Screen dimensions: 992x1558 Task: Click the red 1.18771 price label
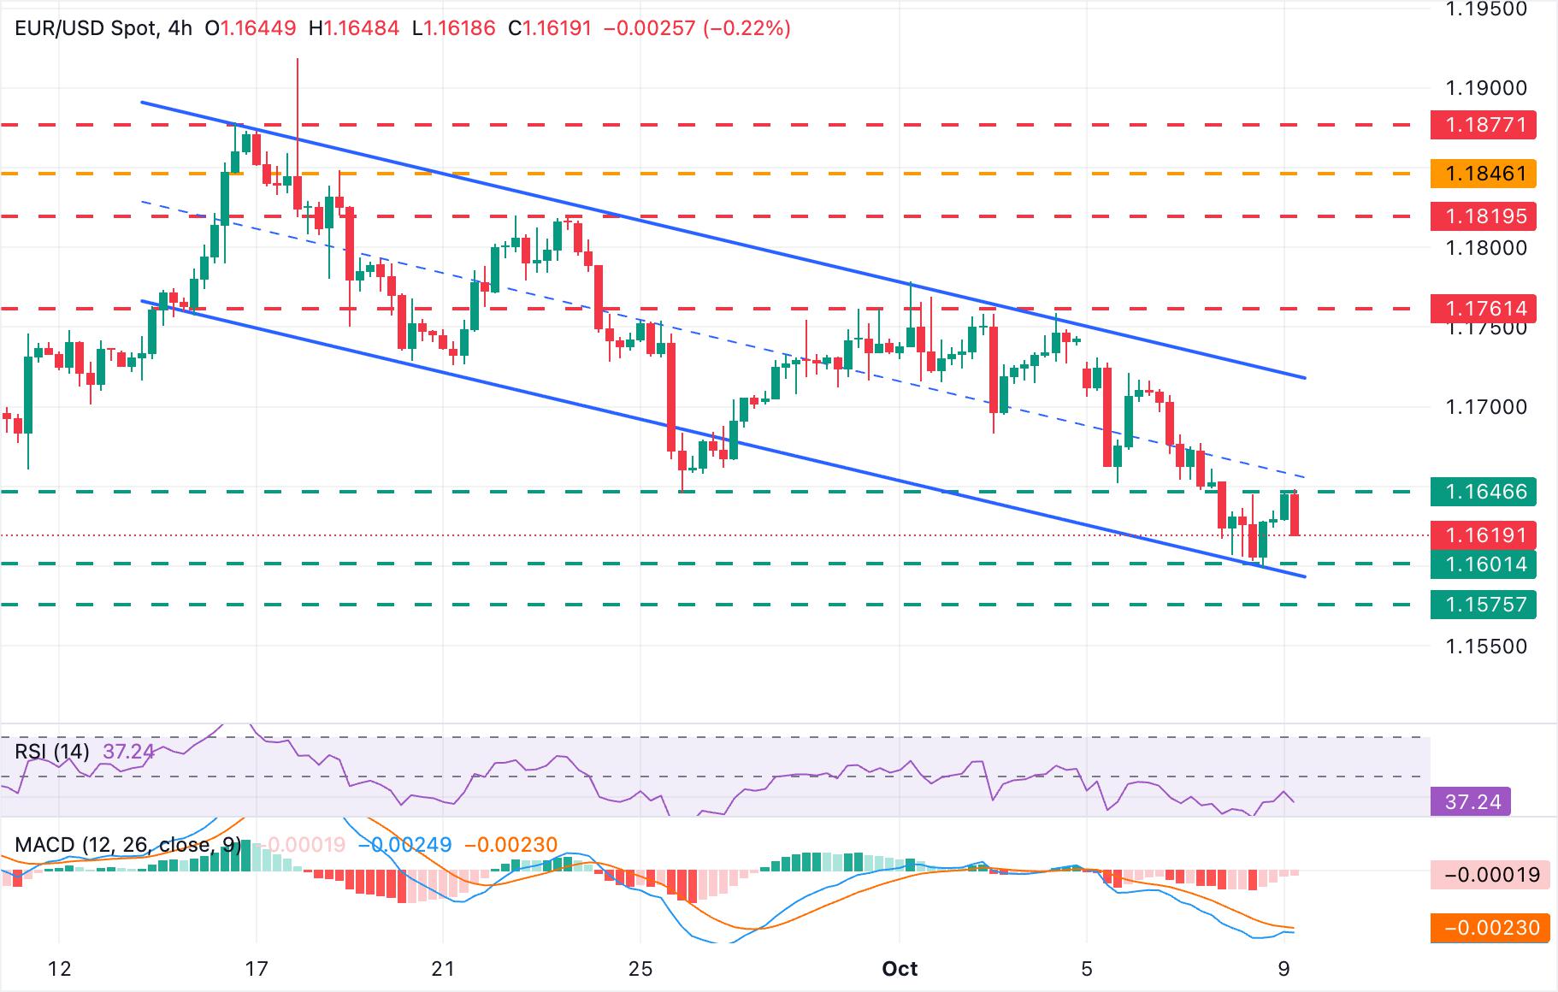(x=1484, y=125)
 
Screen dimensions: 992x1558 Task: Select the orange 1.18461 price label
(x=1484, y=174)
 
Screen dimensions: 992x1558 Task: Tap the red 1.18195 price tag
(x=1484, y=216)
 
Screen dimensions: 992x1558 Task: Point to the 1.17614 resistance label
(x=1484, y=308)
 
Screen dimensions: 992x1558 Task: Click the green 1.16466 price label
(x=1484, y=492)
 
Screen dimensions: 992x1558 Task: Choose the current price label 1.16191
(x=1484, y=535)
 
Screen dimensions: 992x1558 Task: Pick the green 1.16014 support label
(x=1484, y=564)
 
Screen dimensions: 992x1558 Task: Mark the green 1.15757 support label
(x=1484, y=605)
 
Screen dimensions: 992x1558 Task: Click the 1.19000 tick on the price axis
(x=1484, y=88)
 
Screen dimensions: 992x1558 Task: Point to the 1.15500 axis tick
(x=1484, y=647)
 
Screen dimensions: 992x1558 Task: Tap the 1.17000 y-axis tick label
(x=1484, y=407)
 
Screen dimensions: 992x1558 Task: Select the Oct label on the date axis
(x=900, y=969)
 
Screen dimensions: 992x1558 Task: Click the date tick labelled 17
(x=257, y=969)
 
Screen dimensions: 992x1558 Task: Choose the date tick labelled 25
(x=640, y=969)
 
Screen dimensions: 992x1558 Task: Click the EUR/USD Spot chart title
(x=86, y=28)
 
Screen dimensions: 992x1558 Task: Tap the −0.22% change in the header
(x=746, y=28)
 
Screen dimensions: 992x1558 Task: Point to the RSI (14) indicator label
(x=52, y=752)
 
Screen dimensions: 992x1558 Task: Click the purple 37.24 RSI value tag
(x=1471, y=802)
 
